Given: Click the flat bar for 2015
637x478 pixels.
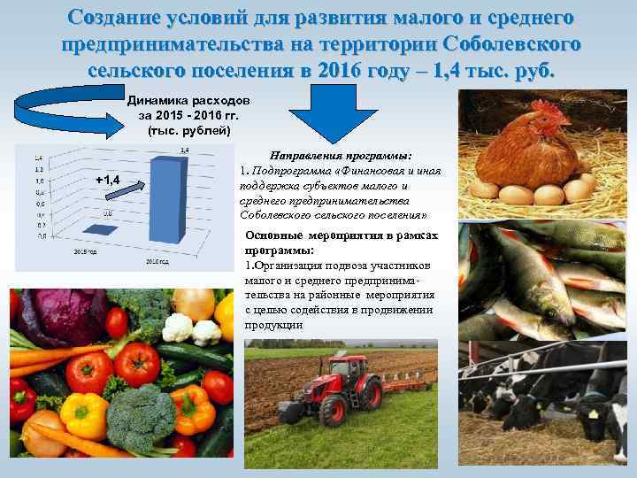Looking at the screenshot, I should click(104, 228).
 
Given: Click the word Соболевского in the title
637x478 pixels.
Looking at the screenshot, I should click(514, 43).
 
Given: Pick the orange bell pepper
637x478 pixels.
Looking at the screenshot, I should click(192, 408).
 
